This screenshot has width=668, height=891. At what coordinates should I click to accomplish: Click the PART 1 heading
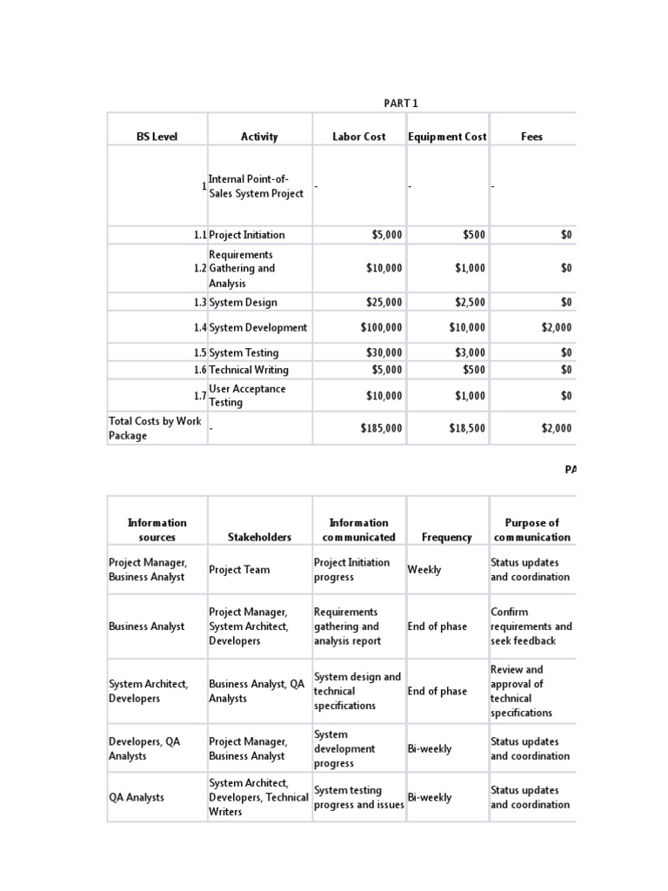[401, 104]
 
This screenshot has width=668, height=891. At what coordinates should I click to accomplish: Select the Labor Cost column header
[358, 137]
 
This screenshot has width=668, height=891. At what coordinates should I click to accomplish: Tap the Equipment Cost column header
[447, 137]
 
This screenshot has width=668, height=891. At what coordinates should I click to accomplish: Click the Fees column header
[531, 137]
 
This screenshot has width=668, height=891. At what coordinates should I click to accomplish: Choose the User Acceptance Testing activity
[247, 396]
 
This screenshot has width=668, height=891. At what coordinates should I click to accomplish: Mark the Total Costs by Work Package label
[156, 428]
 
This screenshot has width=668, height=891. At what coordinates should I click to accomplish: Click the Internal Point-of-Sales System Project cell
[256, 186]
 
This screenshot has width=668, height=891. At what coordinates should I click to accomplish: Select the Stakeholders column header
[259, 538]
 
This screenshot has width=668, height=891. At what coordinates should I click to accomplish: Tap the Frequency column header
[446, 538]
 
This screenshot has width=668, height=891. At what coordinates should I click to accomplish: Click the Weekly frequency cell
[424, 570]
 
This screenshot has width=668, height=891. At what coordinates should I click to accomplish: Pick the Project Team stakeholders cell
[239, 570]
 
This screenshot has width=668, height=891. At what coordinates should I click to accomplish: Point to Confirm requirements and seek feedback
[531, 626]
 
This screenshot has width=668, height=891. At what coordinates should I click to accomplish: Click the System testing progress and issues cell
[358, 797]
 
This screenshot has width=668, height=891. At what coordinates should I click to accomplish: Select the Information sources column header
[157, 530]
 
